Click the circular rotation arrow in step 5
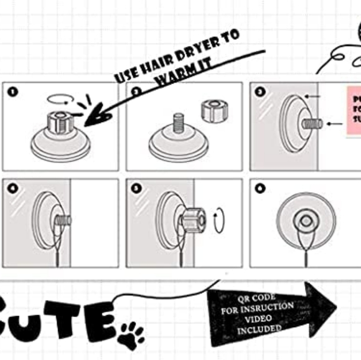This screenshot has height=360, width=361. pos(218,220)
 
